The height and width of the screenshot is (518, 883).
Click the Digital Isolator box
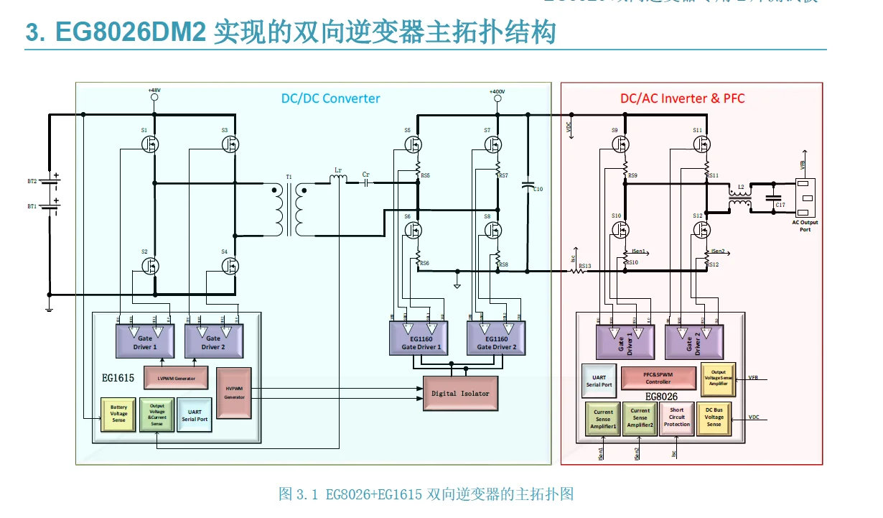(x=460, y=394)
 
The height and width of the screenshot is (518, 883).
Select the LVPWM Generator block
(x=177, y=377)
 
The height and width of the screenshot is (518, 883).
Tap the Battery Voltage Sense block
(x=118, y=414)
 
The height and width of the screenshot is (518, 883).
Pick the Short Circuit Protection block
(x=676, y=418)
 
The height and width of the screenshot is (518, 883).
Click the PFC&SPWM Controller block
(x=658, y=377)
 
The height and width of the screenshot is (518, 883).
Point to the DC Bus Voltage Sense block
(x=714, y=418)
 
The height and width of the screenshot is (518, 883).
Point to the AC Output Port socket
(x=805, y=197)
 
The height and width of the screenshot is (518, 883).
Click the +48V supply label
(x=154, y=91)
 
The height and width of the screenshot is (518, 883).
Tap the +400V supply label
(x=497, y=91)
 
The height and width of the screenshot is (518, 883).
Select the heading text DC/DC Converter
(x=330, y=98)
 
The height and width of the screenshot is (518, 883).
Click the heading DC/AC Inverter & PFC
(x=682, y=98)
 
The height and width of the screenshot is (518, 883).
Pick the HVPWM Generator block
(x=234, y=393)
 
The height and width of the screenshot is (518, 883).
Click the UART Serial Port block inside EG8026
(x=599, y=380)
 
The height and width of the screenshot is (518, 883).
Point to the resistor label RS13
(x=584, y=265)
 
